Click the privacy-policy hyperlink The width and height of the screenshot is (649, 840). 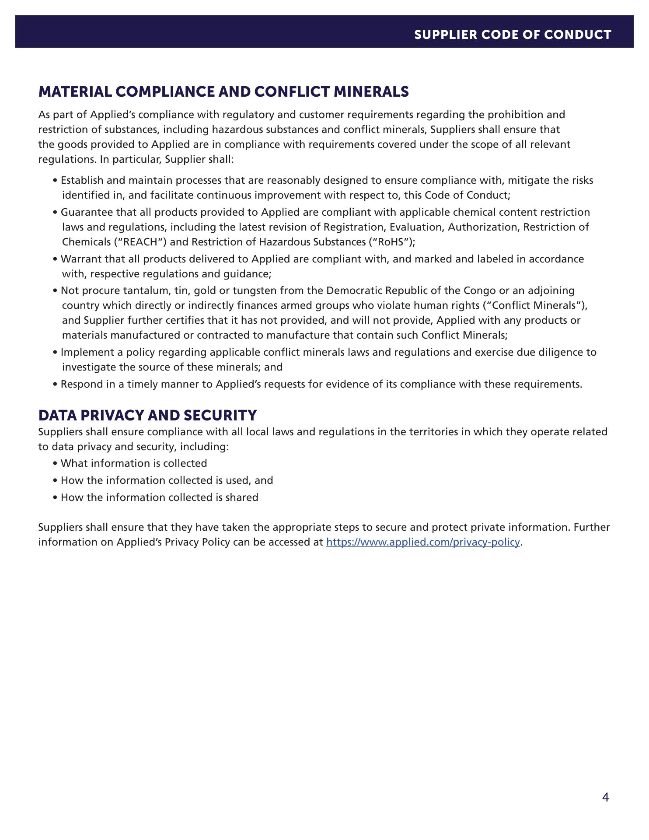[x=423, y=542]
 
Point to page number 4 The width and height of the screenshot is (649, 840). [x=605, y=798]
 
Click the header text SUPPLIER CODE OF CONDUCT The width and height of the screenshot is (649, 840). [x=513, y=35]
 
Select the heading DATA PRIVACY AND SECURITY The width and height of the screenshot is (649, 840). [x=147, y=415]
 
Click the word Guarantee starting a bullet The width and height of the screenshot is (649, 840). [x=81, y=212]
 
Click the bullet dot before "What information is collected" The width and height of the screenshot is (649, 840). [x=55, y=464]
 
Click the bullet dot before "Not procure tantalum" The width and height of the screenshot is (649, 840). [x=55, y=291]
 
